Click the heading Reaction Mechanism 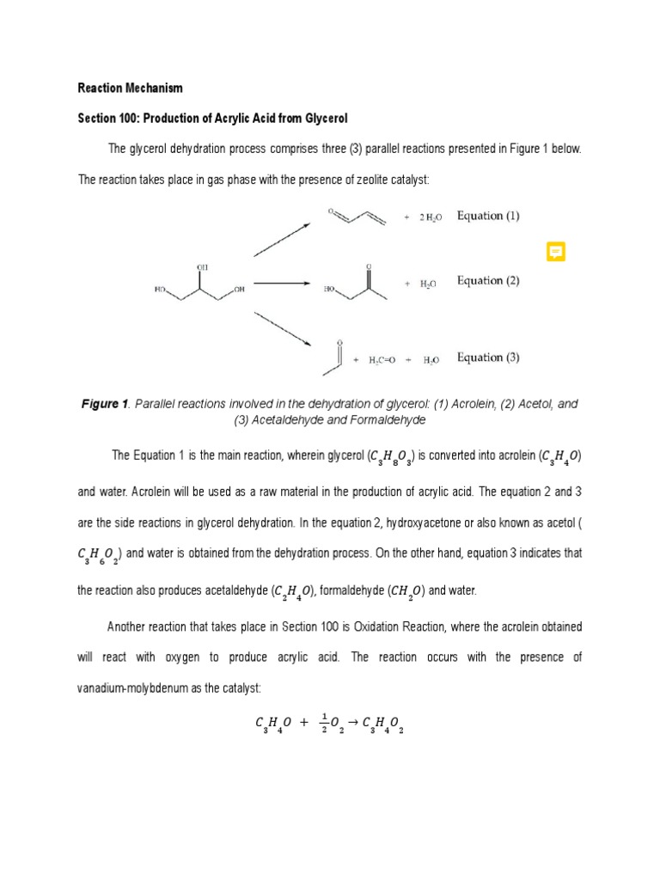click(130, 88)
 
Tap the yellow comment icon click(556, 252)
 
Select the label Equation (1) click(488, 216)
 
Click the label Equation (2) click(488, 280)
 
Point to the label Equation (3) click(488, 357)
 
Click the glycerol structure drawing click(200, 284)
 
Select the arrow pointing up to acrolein click(282, 239)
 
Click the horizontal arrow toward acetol click(281, 283)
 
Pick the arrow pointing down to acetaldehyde click(282, 327)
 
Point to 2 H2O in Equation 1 click(431, 218)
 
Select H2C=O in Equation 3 click(382, 361)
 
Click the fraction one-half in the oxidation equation click(325, 725)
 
